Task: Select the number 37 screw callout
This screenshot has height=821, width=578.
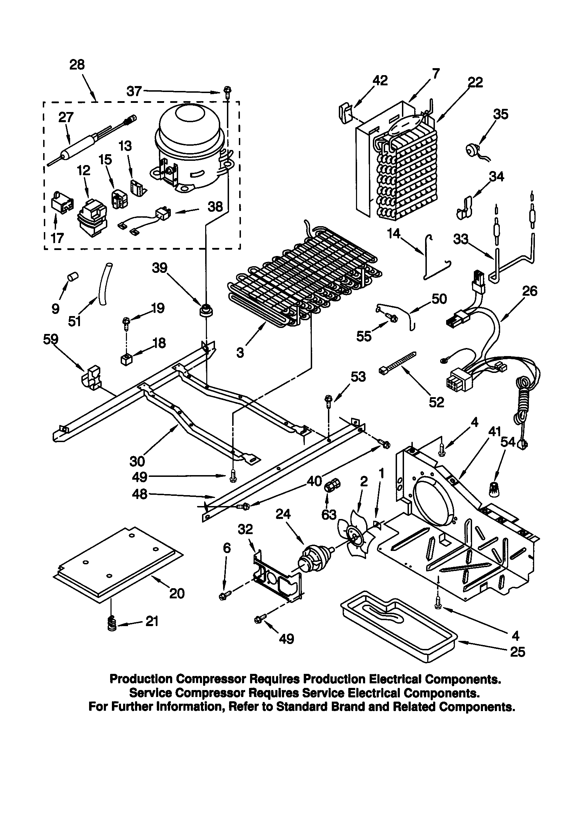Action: (x=134, y=92)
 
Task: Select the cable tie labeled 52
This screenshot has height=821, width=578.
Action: (x=398, y=363)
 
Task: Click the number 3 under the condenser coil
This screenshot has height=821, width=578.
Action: (x=240, y=353)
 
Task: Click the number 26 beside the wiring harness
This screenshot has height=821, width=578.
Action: (x=530, y=291)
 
